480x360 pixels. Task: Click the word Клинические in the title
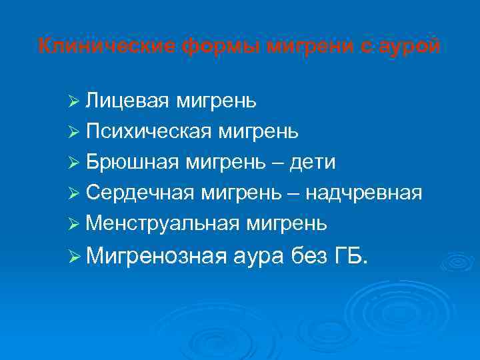tap(107, 46)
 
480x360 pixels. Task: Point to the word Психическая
tap(145, 131)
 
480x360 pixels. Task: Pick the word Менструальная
tap(158, 223)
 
